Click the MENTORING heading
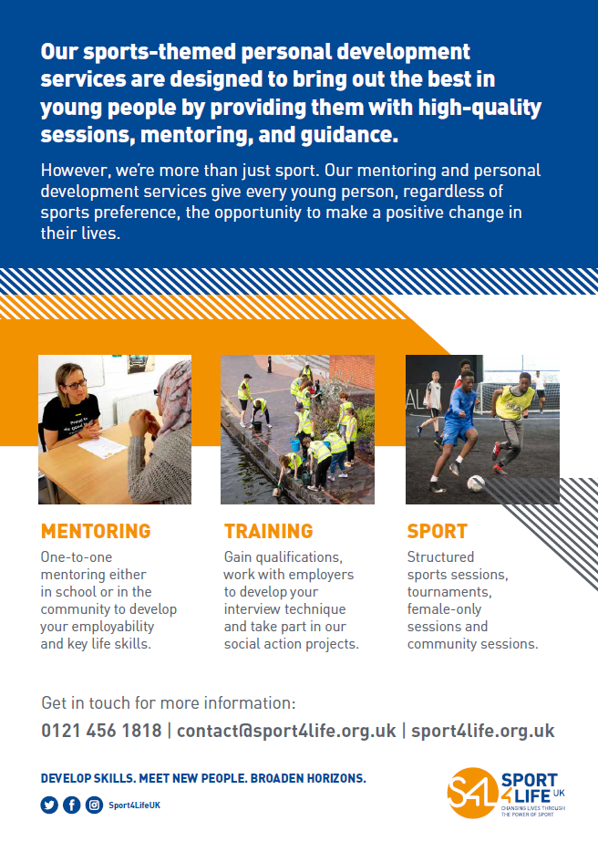click(96, 531)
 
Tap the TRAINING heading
click(268, 531)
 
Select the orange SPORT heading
click(438, 531)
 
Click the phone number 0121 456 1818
click(101, 731)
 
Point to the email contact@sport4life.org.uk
click(286, 731)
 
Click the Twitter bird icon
click(49, 805)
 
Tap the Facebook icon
click(72, 805)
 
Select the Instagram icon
click(94, 805)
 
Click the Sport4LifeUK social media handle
click(135, 805)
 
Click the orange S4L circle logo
click(471, 793)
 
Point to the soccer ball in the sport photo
click(476, 483)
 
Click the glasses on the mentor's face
click(76, 385)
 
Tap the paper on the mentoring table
click(102, 447)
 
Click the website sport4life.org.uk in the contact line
click(483, 731)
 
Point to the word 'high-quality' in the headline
click(479, 108)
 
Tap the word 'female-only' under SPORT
click(444, 609)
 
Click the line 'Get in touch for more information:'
click(169, 702)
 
